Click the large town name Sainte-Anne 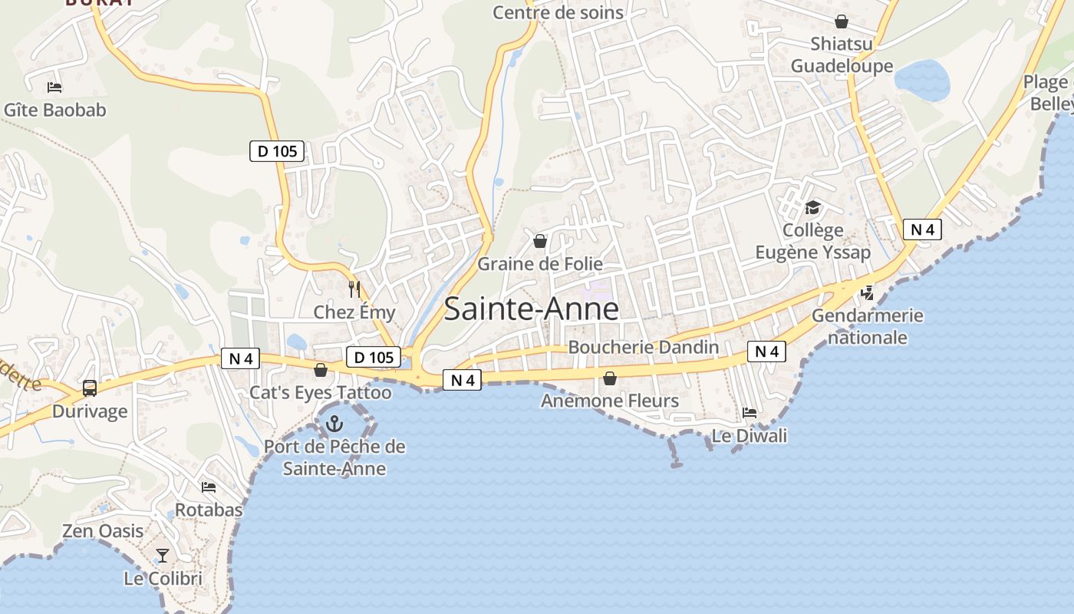click(x=531, y=309)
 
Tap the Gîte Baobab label click(x=55, y=110)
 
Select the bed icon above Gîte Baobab click(x=54, y=87)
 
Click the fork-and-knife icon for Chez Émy click(x=354, y=289)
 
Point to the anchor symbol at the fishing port click(x=334, y=423)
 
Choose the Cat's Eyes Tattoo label click(x=321, y=393)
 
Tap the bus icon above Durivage click(x=90, y=388)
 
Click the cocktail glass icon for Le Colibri click(x=163, y=555)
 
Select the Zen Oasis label click(x=103, y=531)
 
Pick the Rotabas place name click(x=209, y=510)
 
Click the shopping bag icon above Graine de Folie click(x=540, y=242)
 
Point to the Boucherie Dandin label click(x=643, y=347)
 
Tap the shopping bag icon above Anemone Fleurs click(x=610, y=378)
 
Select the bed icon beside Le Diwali click(x=749, y=413)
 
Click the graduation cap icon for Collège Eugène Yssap click(x=812, y=207)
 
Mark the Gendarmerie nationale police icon click(x=868, y=292)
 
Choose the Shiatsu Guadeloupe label click(x=842, y=54)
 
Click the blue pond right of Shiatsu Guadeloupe click(x=922, y=80)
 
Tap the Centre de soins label click(x=558, y=12)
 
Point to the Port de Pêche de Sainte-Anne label click(x=334, y=457)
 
